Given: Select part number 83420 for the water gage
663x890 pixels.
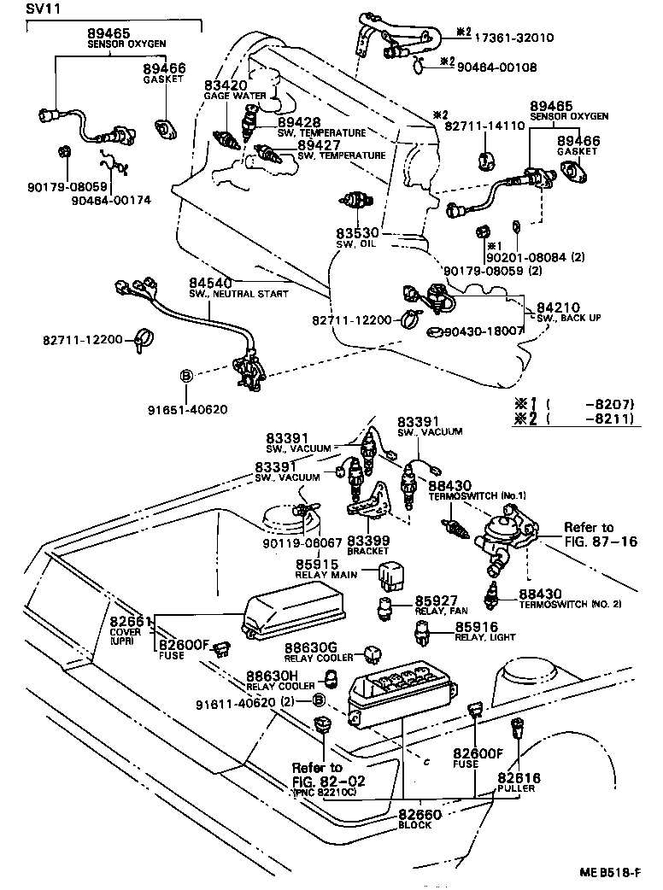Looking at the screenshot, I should [226, 85].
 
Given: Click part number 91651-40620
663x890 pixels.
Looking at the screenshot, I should [195, 408].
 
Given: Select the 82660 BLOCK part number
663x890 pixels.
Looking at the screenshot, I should [420, 815].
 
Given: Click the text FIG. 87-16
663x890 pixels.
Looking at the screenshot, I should [600, 542].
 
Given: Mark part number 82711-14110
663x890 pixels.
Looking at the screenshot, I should [484, 125].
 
